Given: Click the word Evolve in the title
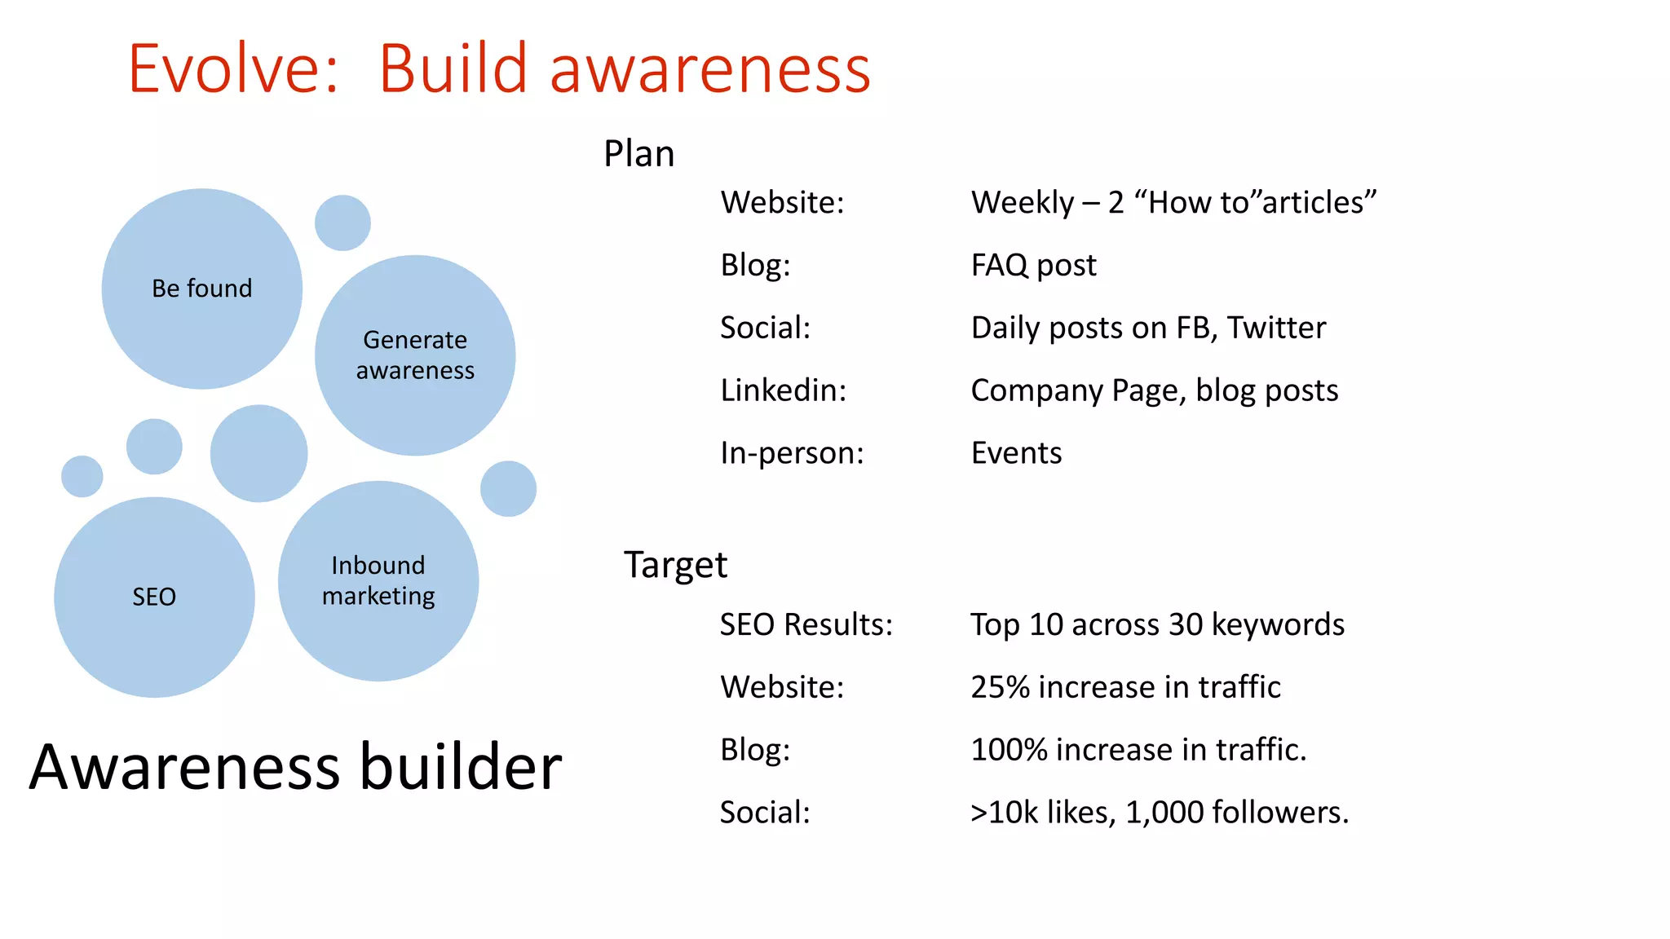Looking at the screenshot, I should [x=232, y=68].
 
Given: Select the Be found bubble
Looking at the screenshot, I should [x=201, y=289].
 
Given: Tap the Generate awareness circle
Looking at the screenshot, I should [x=414, y=355].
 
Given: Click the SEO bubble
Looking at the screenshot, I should [x=154, y=597].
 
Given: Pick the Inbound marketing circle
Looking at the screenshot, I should [x=378, y=580].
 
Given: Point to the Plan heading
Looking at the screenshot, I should [x=638, y=154].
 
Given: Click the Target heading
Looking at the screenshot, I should [x=674, y=565].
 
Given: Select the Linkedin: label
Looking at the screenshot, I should [x=783, y=390].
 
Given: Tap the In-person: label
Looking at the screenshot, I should [x=791, y=453].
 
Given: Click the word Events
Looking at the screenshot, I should [x=1016, y=453].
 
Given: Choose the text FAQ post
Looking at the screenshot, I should [x=1033, y=266].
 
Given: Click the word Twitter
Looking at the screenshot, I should [x=1276, y=328].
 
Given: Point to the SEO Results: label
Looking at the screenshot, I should [x=806, y=625].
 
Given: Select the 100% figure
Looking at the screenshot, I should [x=1008, y=750].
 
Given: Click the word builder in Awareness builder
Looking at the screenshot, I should [x=461, y=767].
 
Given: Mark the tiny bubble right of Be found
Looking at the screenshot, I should [x=342, y=223].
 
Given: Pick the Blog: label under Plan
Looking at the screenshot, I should [x=755, y=266].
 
